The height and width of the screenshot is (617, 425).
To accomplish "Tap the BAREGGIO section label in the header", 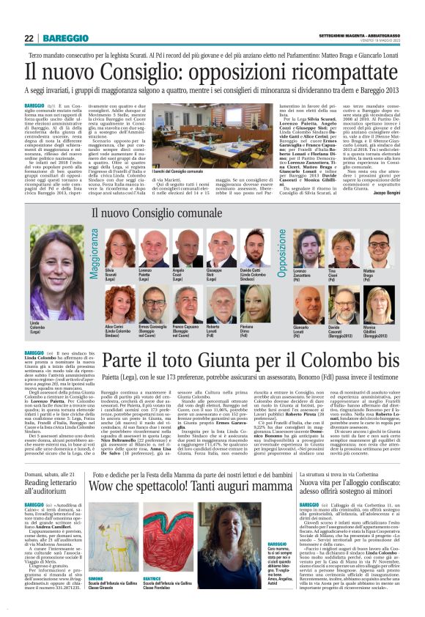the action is (x=64, y=38).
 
